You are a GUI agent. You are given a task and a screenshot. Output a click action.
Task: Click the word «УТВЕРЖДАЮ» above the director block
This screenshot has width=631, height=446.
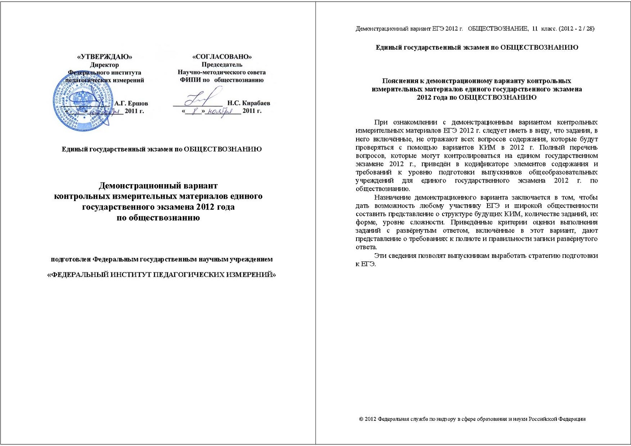coord(105,57)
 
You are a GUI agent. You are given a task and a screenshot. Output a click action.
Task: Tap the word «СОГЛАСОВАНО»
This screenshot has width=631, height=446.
coord(222,57)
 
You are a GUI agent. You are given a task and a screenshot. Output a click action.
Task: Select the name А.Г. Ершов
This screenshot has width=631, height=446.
coord(131,103)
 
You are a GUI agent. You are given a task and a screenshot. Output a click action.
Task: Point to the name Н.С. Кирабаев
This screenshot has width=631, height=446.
coord(248,103)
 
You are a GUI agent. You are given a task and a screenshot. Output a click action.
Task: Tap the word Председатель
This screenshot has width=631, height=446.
coord(222,65)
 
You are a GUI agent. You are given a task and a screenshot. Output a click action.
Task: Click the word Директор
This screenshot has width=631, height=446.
coord(104,65)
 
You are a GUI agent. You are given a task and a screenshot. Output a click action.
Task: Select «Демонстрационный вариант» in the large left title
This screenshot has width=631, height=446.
coord(158,185)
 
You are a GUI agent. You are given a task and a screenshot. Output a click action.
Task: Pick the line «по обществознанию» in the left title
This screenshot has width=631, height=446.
coord(158,217)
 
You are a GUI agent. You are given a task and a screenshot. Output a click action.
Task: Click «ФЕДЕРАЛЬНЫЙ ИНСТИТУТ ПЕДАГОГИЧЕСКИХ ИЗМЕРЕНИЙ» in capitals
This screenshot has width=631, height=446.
coord(161,275)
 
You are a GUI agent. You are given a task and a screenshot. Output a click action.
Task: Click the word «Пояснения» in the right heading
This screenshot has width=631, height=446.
coord(400,81)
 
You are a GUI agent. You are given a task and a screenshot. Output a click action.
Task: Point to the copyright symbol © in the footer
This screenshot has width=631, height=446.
coord(361,419)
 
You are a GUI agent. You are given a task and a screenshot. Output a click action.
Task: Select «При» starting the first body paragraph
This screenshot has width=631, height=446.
coord(381,122)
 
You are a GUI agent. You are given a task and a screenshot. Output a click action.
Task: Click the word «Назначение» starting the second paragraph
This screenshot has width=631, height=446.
coord(392,197)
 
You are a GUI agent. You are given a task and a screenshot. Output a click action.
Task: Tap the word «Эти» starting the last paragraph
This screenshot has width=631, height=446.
coord(380,256)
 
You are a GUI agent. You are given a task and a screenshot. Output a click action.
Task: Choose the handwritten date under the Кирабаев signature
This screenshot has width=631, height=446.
coord(211,112)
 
